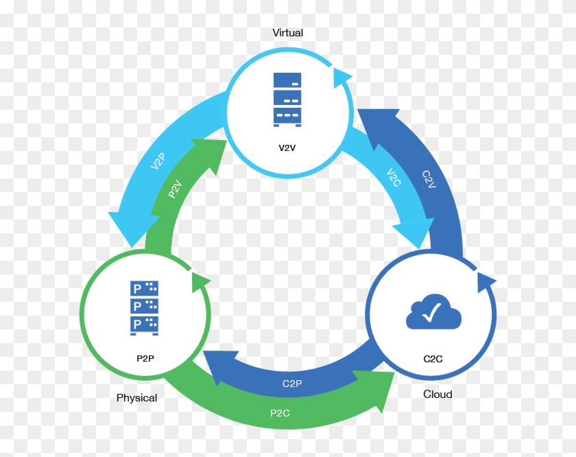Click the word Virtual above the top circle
(287, 33)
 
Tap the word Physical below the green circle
(136, 398)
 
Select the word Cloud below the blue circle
(437, 394)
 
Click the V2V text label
(287, 148)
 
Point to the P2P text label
(145, 358)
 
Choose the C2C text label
(433, 359)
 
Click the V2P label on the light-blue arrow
(158, 161)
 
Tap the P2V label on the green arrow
(175, 189)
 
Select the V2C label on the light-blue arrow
(394, 177)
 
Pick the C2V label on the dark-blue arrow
(429, 179)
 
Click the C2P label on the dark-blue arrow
(292, 384)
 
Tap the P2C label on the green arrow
(280, 413)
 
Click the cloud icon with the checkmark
(433, 312)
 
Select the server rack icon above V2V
(287, 99)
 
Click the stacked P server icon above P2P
(145, 308)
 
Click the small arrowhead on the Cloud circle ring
(485, 283)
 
